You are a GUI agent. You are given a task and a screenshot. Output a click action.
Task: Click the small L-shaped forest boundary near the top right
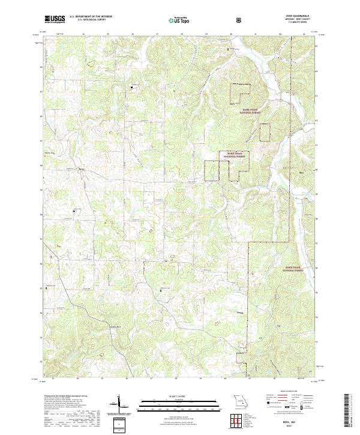pyautogui.click(x=241, y=91)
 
